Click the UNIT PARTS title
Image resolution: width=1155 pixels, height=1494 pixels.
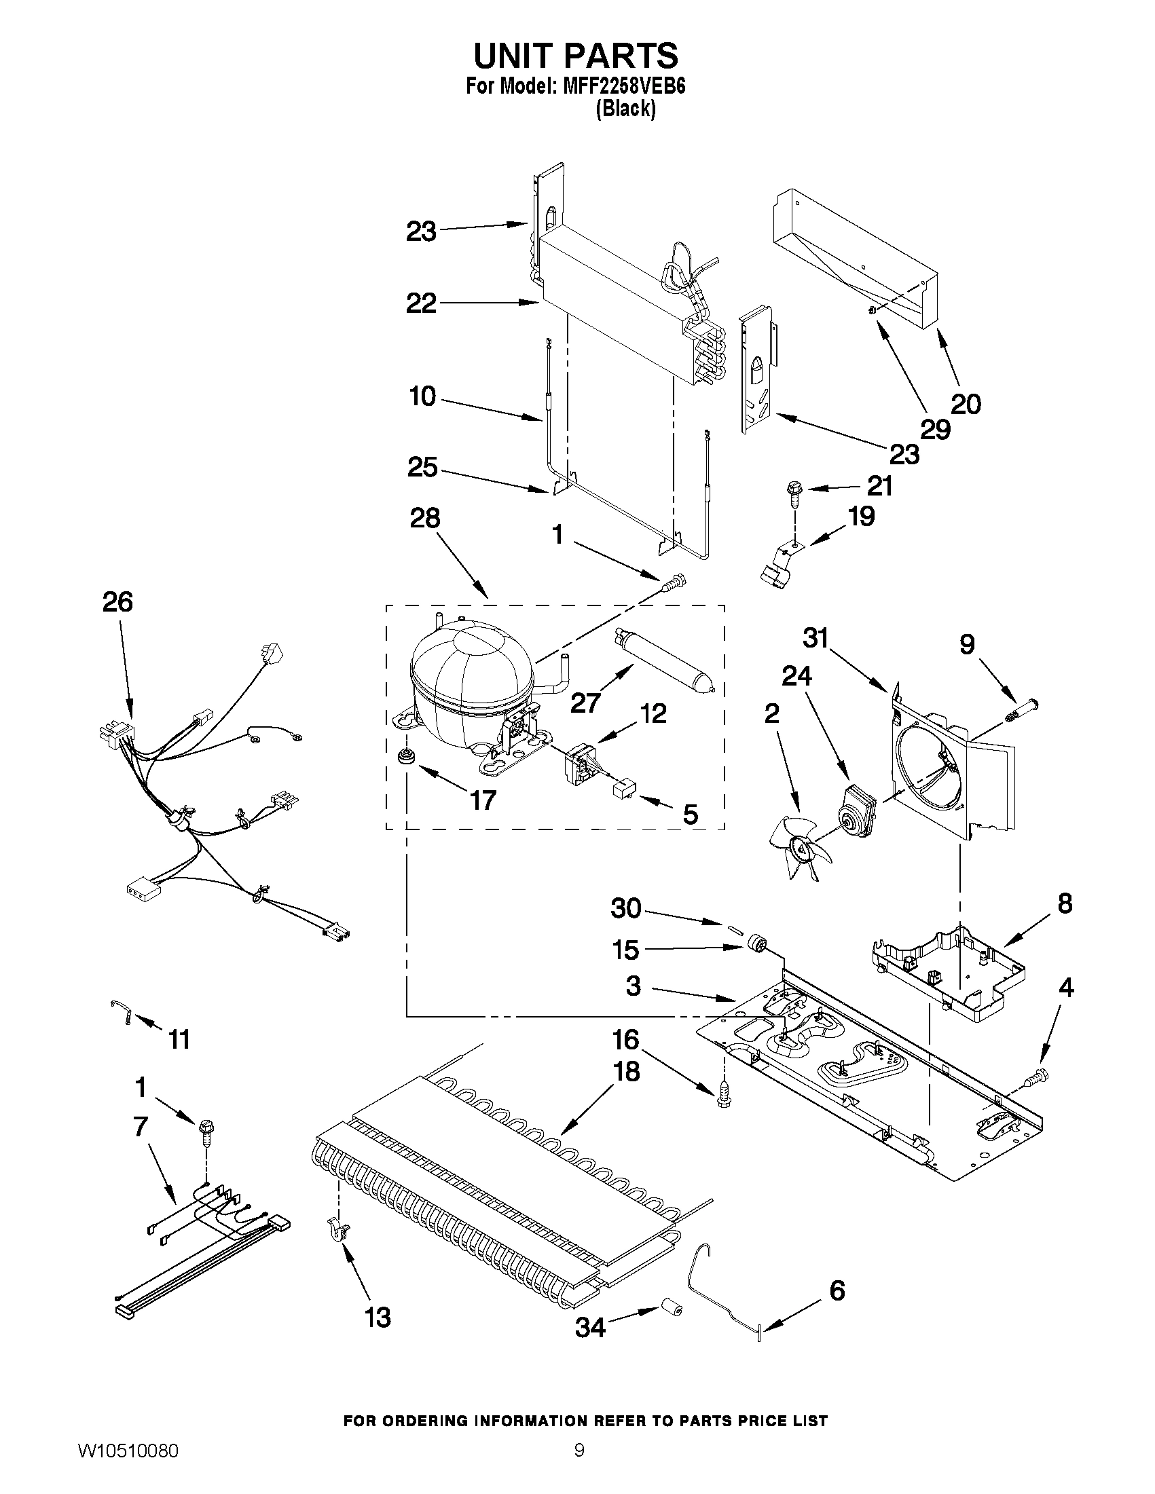pos(575,56)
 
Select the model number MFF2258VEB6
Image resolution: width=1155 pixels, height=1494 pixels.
pos(623,87)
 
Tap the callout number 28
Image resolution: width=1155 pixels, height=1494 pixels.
pos(424,518)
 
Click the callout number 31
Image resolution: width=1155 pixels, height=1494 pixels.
pos(815,638)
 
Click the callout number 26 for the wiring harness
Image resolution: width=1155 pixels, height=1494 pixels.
pos(117,602)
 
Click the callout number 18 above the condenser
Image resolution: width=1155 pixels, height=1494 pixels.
pos(626,1072)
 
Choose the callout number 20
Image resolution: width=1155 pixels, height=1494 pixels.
pos(966,404)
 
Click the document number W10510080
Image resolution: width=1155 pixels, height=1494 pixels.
pos(128,1465)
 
